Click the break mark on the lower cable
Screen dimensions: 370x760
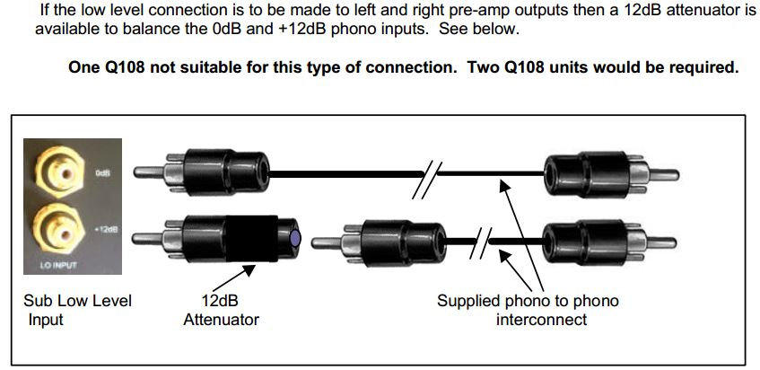(485, 241)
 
